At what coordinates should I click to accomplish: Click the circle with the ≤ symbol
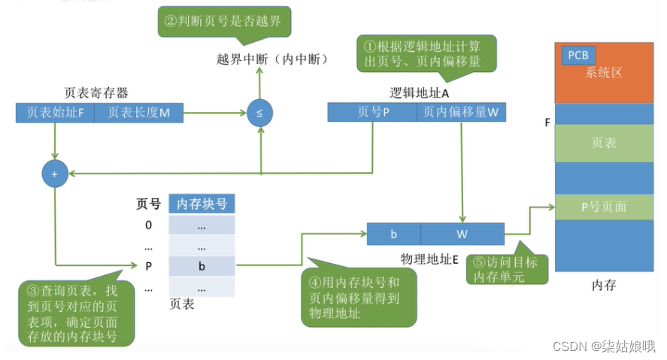point(259,113)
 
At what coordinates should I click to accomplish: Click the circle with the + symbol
point(55,174)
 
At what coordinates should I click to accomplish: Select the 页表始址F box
point(54,113)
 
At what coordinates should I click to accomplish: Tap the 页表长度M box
point(138,113)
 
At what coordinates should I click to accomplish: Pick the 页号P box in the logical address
point(372,113)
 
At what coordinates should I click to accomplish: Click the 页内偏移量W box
point(461,113)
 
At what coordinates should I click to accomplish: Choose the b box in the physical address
point(393,234)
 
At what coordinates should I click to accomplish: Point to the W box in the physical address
point(462,234)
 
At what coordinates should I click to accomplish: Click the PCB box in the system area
point(578,56)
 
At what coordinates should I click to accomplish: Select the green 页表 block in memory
point(604,143)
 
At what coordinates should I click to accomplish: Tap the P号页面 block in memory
point(604,207)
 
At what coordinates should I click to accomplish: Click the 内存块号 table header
point(202,203)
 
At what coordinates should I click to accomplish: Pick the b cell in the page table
point(202,266)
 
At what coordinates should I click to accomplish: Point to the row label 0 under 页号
point(148,225)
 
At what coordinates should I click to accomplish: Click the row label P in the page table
point(148,266)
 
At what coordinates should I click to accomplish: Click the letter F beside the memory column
point(547,121)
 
